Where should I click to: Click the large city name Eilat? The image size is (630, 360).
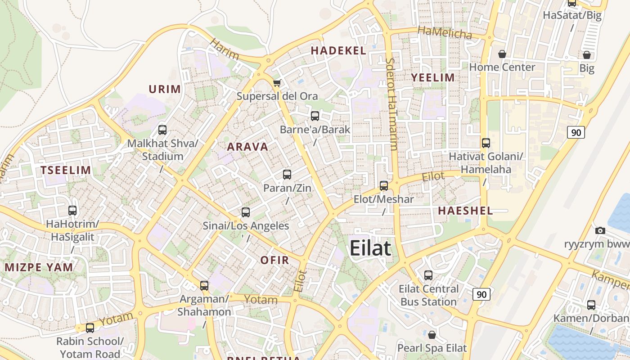coord(370,248)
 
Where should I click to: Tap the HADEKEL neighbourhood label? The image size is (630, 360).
coord(338,50)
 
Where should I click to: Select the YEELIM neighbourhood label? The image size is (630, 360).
coord(433,77)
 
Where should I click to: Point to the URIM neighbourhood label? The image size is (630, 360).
coord(165,89)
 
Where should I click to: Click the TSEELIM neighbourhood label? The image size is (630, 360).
coord(66,170)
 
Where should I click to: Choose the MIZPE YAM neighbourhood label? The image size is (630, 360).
coord(39,267)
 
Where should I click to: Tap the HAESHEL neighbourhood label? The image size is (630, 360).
coord(465,210)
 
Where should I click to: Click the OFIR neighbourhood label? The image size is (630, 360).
coord(274,260)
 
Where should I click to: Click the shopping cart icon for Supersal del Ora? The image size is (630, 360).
coord(277,83)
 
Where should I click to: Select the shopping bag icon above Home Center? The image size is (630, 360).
coord(502,54)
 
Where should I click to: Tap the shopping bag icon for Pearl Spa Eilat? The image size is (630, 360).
coord(432,335)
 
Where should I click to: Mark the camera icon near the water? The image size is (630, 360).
coord(600,230)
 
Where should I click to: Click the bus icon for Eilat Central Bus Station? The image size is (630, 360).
coord(428,275)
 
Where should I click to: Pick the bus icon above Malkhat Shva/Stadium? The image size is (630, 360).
coord(162,130)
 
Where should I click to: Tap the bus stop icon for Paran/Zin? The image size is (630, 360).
coord(287,175)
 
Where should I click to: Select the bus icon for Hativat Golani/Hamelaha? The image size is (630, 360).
coord(486,143)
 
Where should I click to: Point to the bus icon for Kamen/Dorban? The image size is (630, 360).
coord(591,305)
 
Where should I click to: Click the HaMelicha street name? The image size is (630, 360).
coord(445,32)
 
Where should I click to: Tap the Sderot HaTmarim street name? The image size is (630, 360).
coord(391,103)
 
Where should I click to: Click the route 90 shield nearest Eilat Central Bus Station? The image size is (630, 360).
coord(481,294)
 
